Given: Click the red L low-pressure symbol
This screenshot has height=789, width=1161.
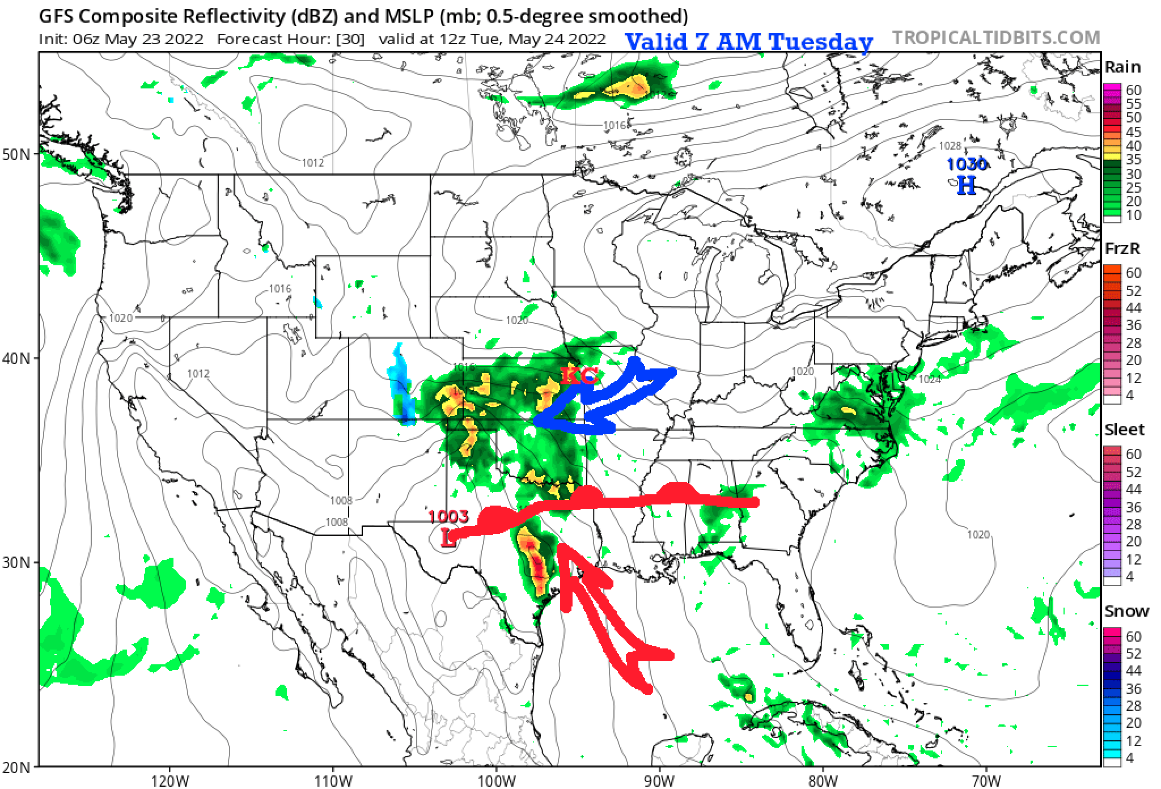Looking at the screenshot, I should point(448,537).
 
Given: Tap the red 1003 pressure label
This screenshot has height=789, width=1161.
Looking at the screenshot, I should point(448,516).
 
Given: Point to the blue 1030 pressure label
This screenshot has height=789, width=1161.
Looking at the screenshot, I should point(967,164).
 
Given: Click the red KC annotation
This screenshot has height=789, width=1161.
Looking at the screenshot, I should point(579,376).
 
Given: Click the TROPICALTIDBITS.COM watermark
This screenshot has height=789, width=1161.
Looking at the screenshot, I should point(996,37).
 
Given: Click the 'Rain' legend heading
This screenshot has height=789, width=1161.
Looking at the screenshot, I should point(1122,67).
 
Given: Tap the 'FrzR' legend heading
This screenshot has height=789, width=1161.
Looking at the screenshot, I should point(1122,248).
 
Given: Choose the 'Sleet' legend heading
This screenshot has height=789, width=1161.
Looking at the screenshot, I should point(1124,430).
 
